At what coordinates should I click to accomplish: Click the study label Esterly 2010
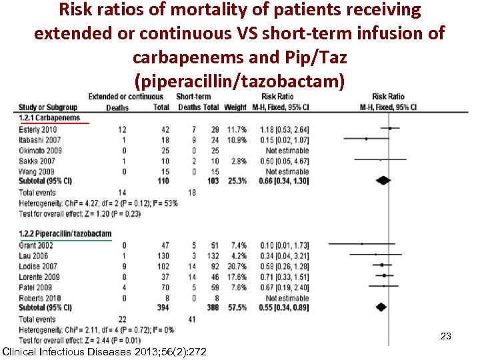(x=39, y=129)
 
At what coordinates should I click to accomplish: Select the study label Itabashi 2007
(x=39, y=140)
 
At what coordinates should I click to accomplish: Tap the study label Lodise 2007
(x=37, y=265)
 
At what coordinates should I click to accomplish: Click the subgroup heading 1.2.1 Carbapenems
(x=50, y=118)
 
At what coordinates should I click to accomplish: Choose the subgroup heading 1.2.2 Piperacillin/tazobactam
(x=65, y=234)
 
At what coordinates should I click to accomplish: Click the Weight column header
(x=235, y=107)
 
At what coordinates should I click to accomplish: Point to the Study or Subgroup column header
(x=48, y=107)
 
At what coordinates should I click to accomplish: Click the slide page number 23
(x=446, y=337)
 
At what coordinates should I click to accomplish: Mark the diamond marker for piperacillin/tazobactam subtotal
(x=381, y=308)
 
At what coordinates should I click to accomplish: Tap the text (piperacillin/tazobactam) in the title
(x=239, y=81)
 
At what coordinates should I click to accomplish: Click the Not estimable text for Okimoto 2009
(x=285, y=151)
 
